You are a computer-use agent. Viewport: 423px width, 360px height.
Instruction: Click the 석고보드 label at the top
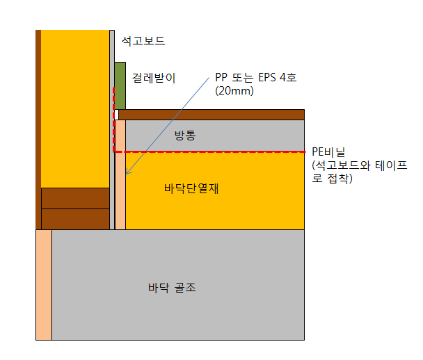[143, 41]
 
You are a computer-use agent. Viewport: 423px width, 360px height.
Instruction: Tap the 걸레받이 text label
[154, 78]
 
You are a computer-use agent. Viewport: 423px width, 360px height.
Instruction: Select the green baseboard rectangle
[120, 85]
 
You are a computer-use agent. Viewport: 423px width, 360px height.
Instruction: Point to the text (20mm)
[234, 91]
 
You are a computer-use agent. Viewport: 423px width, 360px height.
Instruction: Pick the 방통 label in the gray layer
[186, 135]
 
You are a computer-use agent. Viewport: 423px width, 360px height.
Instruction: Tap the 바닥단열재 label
[191, 188]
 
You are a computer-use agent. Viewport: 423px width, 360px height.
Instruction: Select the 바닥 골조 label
[172, 286]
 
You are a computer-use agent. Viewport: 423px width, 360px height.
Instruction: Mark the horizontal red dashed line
[209, 152]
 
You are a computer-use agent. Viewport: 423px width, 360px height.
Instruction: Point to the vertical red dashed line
[113, 118]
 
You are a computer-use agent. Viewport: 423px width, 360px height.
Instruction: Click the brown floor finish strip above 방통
[211, 114]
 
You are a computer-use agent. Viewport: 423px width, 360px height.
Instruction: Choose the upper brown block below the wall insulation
[75, 198]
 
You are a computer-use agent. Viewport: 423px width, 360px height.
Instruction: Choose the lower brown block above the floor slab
[75, 219]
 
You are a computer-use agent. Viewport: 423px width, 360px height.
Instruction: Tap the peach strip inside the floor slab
[44, 285]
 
